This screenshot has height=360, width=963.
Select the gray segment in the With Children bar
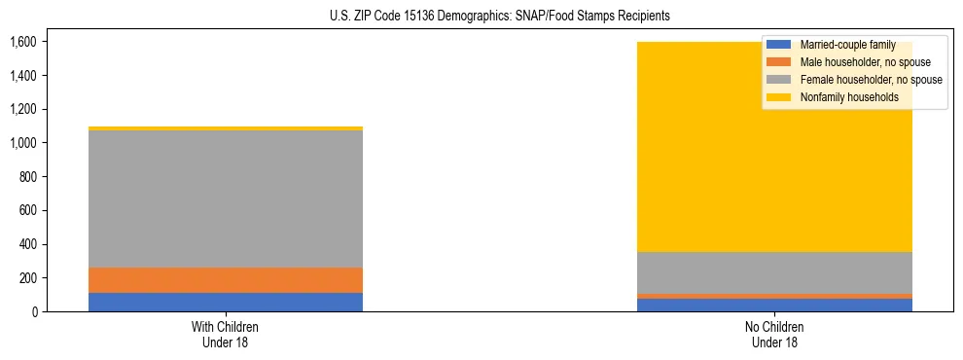[226, 198]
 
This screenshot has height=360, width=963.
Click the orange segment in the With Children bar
[226, 280]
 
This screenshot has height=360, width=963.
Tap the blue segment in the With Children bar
[226, 302]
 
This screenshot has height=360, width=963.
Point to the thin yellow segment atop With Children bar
[226, 128]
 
